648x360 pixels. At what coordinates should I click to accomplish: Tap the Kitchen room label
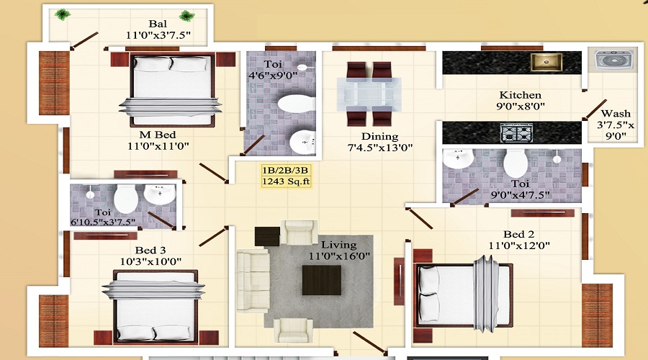coord(521,95)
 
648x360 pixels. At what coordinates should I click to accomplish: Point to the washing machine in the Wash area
coord(611,60)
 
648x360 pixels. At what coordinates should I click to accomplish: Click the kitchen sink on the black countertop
coord(546,62)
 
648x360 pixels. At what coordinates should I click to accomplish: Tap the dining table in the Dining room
coord(371,94)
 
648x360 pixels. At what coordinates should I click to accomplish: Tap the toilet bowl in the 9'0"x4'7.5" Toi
coord(516,163)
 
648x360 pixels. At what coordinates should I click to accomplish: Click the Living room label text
coord(338,245)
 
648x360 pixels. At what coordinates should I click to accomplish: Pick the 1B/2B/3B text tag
coord(287,170)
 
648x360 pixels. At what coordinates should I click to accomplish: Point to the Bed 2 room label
coord(518,234)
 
